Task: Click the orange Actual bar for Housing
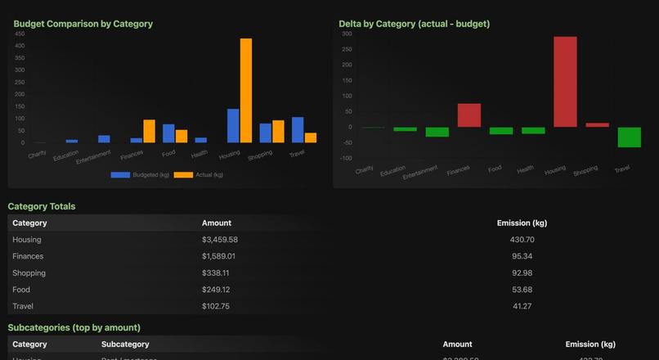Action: (246, 90)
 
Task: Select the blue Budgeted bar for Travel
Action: (298, 130)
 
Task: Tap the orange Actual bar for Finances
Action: (149, 131)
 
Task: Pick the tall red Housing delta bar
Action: (565, 82)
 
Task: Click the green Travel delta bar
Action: (630, 137)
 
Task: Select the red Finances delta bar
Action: (468, 115)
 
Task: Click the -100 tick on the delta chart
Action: (346, 158)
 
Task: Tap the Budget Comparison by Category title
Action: (83, 24)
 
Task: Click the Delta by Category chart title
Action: (414, 24)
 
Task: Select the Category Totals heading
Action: (41, 206)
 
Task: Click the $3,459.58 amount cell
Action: (220, 240)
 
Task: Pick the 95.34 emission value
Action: (522, 256)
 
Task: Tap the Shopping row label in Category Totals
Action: (29, 272)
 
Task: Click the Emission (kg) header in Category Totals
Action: (522, 223)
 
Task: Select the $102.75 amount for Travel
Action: (217, 306)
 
